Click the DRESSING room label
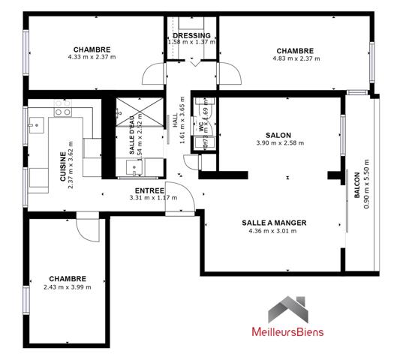(191, 35)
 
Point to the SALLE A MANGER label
(274, 223)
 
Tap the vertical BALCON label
(356, 185)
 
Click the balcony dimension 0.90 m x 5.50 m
(366, 184)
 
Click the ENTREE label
(149, 190)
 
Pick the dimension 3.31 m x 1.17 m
(149, 199)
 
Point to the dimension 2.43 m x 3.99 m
(67, 286)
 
